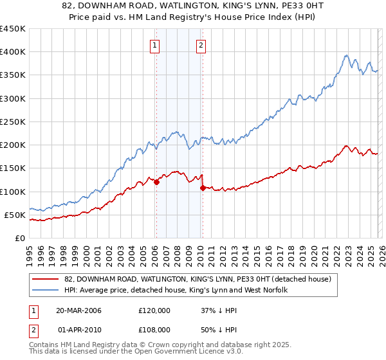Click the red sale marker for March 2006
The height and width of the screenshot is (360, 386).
click(156, 183)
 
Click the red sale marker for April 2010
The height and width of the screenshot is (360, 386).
click(203, 188)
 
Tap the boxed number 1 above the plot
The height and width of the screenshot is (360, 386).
click(156, 45)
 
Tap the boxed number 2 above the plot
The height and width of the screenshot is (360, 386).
click(201, 45)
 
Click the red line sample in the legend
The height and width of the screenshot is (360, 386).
click(45, 280)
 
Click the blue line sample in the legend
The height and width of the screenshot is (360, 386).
click(45, 291)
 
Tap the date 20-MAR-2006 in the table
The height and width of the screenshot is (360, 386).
click(80, 310)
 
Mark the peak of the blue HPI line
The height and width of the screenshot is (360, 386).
click(346, 55)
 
